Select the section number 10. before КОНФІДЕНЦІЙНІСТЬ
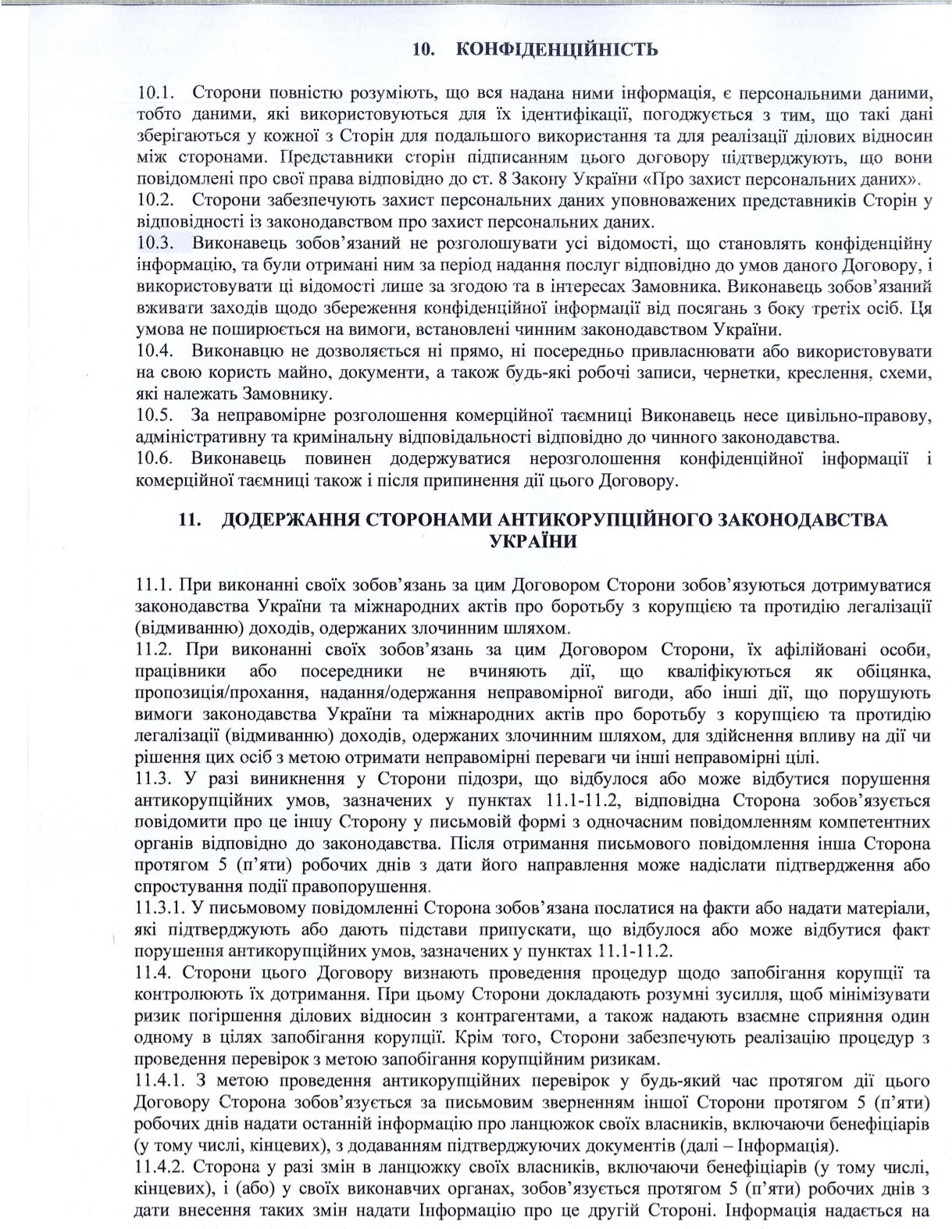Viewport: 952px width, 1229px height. pyautogui.click(x=423, y=50)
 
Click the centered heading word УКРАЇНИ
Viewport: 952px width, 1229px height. pyautogui.click(x=533, y=541)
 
